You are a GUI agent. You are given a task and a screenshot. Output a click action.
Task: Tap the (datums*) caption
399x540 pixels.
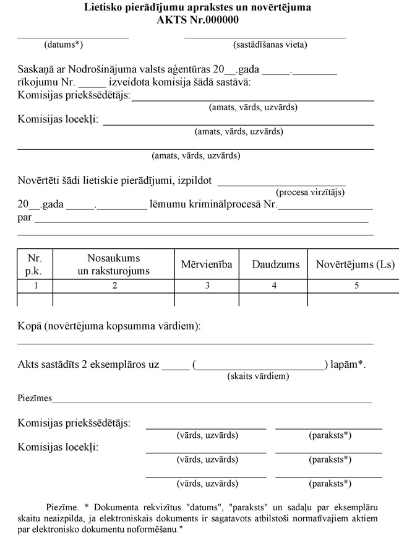point(64,45)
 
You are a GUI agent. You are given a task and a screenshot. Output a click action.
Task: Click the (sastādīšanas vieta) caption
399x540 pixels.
point(270,45)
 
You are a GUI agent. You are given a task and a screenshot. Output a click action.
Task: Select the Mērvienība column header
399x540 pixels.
point(207,264)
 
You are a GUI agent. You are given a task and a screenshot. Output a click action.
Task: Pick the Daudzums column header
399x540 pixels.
point(275,264)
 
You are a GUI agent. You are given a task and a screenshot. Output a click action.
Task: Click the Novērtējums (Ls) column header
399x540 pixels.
point(355,264)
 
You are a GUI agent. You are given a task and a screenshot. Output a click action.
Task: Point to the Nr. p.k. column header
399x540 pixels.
point(34,264)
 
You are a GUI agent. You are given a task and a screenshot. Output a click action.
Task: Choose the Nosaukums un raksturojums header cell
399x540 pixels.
point(114,264)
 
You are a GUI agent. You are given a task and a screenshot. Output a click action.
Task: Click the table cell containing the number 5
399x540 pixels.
point(356,285)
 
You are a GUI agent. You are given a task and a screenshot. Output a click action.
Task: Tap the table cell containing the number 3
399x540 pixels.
point(207,285)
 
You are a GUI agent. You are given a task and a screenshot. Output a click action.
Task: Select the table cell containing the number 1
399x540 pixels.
point(35,285)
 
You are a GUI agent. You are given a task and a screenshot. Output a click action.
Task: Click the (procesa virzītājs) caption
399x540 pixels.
point(310,192)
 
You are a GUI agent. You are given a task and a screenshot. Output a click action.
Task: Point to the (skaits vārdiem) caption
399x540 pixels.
point(258,376)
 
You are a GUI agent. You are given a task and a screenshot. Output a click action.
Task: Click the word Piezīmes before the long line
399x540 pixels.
point(35,398)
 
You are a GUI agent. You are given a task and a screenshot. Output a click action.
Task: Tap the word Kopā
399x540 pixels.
point(29,326)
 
